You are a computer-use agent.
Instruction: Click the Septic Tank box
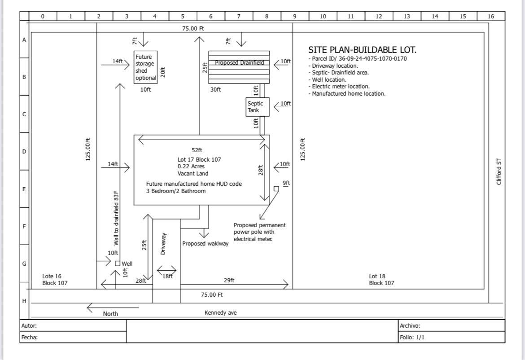pyautogui.click(x=258, y=107)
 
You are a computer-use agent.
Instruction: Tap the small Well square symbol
pyautogui.click(x=118, y=263)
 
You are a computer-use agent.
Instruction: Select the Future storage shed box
pyautogui.click(x=146, y=67)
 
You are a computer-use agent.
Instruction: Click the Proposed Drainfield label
pyautogui.click(x=239, y=63)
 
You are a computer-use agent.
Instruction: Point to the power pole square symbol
pyautogui.click(x=276, y=189)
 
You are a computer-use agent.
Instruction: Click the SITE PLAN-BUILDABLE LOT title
pyautogui.click(x=362, y=50)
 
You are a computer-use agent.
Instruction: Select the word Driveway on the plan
pyautogui.click(x=163, y=244)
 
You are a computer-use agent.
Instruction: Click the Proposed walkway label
pyautogui.click(x=205, y=244)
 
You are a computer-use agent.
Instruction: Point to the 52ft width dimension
pyautogui.click(x=197, y=150)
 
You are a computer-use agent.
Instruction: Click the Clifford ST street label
pyautogui.click(x=499, y=172)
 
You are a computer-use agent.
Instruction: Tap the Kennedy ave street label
pyautogui.click(x=220, y=313)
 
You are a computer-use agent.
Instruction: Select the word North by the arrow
pyautogui.click(x=110, y=314)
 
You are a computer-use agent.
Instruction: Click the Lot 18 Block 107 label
pyautogui.click(x=381, y=280)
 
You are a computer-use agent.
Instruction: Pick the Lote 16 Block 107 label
pyautogui.click(x=55, y=280)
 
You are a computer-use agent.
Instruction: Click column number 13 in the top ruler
pyautogui.click(x=407, y=16)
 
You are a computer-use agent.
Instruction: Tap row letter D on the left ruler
pyautogui.click(x=24, y=152)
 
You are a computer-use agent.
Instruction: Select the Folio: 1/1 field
pyautogui.click(x=411, y=338)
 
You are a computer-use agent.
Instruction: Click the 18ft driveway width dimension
pyautogui.click(x=167, y=277)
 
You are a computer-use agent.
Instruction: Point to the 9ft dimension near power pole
pyautogui.click(x=286, y=183)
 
